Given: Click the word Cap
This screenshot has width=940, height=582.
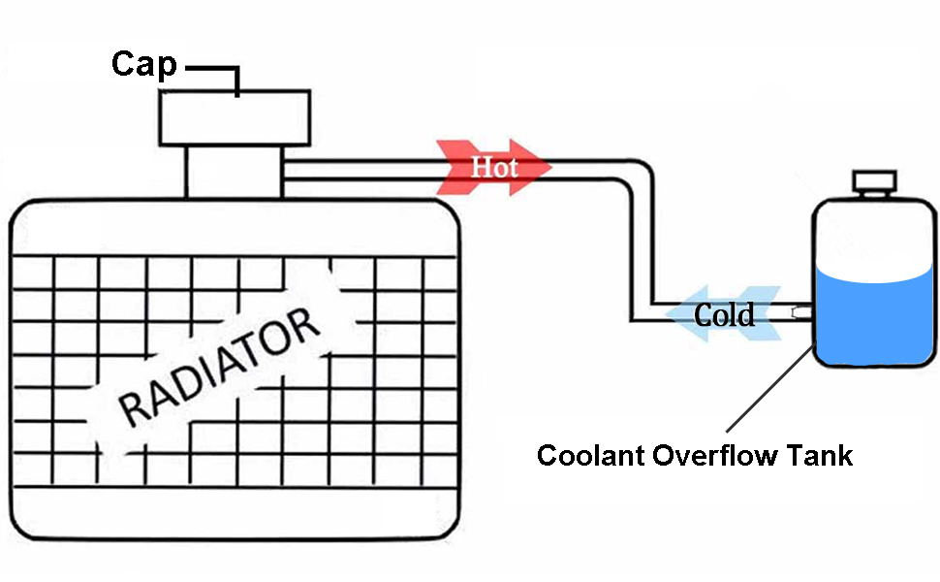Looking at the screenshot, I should click(143, 64).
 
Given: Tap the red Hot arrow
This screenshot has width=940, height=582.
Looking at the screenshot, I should click(494, 167).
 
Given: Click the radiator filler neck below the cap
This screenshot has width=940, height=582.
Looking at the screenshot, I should click(235, 173).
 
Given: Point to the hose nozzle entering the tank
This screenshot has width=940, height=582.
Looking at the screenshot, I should click(800, 312).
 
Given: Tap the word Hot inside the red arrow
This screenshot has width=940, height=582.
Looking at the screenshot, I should click(494, 167).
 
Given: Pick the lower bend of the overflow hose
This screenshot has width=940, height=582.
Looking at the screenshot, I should click(642, 311).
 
